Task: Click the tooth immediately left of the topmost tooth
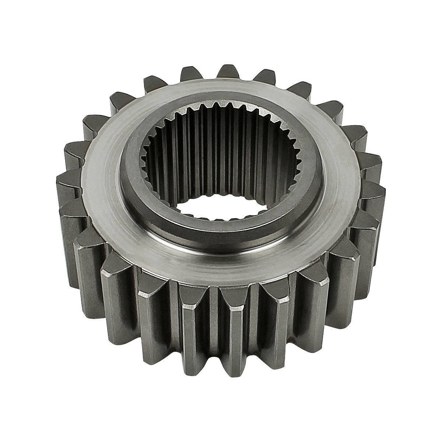point(192,72)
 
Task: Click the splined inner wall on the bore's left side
point(155,166)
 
